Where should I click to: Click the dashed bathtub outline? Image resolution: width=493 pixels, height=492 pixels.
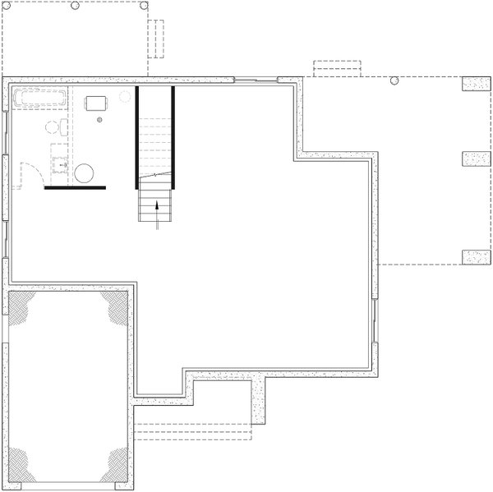click(x=43, y=99)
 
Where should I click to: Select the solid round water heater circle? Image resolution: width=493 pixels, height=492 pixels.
click(x=85, y=174)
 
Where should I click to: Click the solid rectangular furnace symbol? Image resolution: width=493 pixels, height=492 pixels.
click(x=97, y=103)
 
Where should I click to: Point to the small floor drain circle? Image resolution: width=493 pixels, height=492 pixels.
click(x=100, y=120)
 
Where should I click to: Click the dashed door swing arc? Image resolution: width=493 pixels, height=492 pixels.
click(x=31, y=174)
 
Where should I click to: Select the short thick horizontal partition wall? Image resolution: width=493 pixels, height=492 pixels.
click(x=75, y=188)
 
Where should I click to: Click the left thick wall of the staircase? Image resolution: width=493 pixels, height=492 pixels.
click(x=137, y=137)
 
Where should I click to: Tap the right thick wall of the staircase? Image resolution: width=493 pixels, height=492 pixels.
click(x=173, y=137)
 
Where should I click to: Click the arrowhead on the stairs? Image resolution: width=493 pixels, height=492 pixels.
click(x=156, y=206)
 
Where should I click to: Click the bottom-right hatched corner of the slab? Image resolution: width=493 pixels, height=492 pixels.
click(x=113, y=465)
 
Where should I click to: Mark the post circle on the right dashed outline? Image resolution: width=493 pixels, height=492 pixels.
click(x=394, y=80)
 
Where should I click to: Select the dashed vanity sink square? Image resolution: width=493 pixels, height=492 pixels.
click(x=61, y=161)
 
